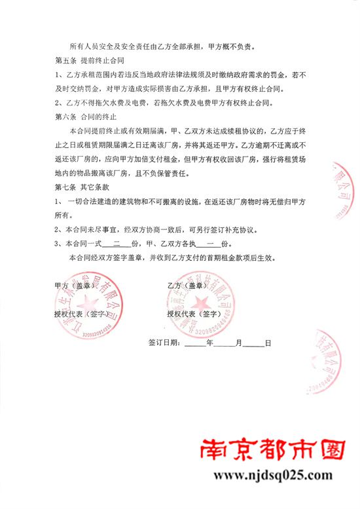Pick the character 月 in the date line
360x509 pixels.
pyautogui.click(x=238, y=342)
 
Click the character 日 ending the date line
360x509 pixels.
pyautogui.click(x=268, y=342)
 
